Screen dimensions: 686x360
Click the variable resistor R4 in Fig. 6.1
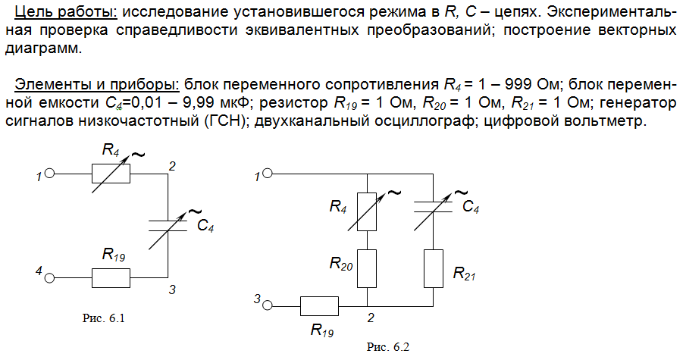click(111, 174)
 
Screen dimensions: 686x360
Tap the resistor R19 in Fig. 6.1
click(111, 278)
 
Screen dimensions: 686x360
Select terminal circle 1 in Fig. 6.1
click(49, 174)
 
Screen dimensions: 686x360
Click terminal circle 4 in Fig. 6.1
click(49, 278)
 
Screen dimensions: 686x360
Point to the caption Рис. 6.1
click(104, 318)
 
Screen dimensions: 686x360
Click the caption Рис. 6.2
click(388, 347)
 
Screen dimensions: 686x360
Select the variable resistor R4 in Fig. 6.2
click(367, 211)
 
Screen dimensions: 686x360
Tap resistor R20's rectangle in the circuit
click(367, 268)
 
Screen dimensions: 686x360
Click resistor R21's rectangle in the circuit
click(433, 268)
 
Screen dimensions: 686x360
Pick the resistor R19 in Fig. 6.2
click(319, 305)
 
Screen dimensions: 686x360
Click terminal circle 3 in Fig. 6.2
click(268, 305)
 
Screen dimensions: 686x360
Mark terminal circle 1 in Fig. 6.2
click(268, 174)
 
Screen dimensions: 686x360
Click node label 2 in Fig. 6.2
click(371, 318)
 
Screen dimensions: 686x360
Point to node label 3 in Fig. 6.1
click(172, 290)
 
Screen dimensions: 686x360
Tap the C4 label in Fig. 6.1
click(205, 225)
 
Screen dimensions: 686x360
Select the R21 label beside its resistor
click(464, 274)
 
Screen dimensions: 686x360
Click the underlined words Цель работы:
click(66, 12)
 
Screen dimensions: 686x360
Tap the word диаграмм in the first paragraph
click(43, 49)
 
